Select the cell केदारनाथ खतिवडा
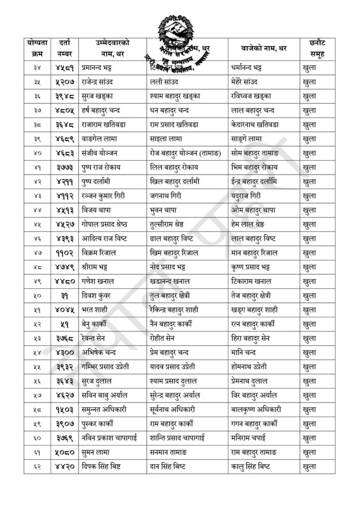(x=255, y=125)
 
